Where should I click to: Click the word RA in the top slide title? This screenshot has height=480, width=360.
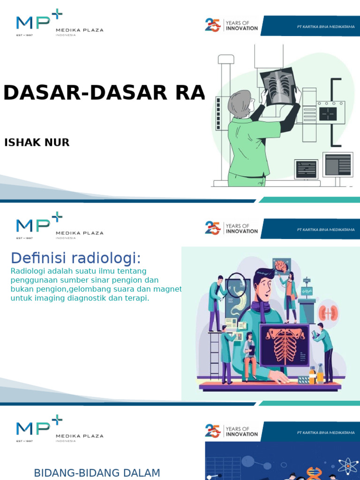pos(190,93)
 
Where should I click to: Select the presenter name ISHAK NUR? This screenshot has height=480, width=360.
pos(37,142)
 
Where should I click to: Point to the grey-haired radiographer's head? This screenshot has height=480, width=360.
pos(240,103)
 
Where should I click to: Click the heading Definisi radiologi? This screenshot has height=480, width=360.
pos(75,257)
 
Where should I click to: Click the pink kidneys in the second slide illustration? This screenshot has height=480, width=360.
pos(328,313)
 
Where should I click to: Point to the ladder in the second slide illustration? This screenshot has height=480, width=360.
pos(215,354)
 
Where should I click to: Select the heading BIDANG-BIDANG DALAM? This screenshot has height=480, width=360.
pos(97,473)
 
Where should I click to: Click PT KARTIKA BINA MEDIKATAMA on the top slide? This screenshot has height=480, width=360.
pos(326,27)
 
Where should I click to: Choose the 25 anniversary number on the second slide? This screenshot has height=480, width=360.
pos(212,228)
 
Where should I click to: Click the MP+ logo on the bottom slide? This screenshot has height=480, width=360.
pos(38,427)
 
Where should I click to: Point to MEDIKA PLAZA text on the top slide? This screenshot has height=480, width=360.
pos(79,30)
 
